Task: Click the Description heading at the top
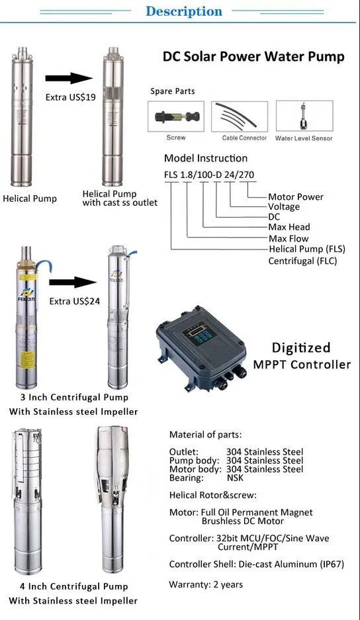[184, 11]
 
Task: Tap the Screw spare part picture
[176, 116]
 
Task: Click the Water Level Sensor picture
[304, 116]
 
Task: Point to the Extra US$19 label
[70, 97]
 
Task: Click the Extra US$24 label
[74, 301]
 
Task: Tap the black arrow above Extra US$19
[69, 78]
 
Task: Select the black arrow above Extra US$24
[73, 282]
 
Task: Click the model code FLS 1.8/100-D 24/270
[209, 175]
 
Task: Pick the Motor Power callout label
[296, 197]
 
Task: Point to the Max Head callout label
[289, 227]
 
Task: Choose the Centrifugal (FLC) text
[302, 261]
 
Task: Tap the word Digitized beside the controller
[301, 347]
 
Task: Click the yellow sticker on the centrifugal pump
[26, 359]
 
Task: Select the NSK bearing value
[235, 478]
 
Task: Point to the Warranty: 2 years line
[206, 584]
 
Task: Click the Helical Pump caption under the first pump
[30, 199]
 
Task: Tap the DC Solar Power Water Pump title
[253, 56]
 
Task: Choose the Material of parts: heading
[205, 435]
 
